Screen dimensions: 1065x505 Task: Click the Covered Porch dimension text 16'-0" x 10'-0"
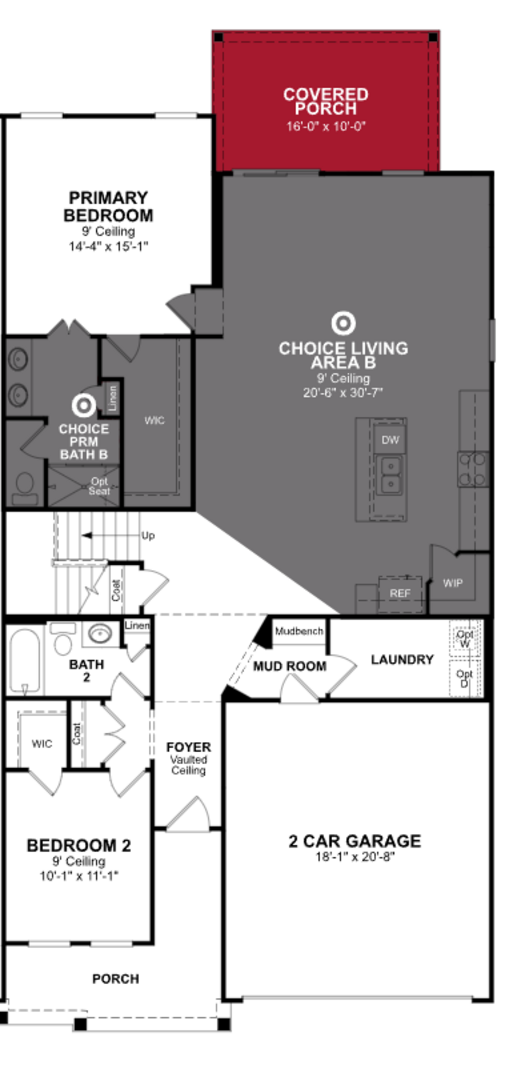(x=326, y=126)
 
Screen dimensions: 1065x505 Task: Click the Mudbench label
(x=299, y=631)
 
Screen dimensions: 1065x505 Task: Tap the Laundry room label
(x=402, y=659)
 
